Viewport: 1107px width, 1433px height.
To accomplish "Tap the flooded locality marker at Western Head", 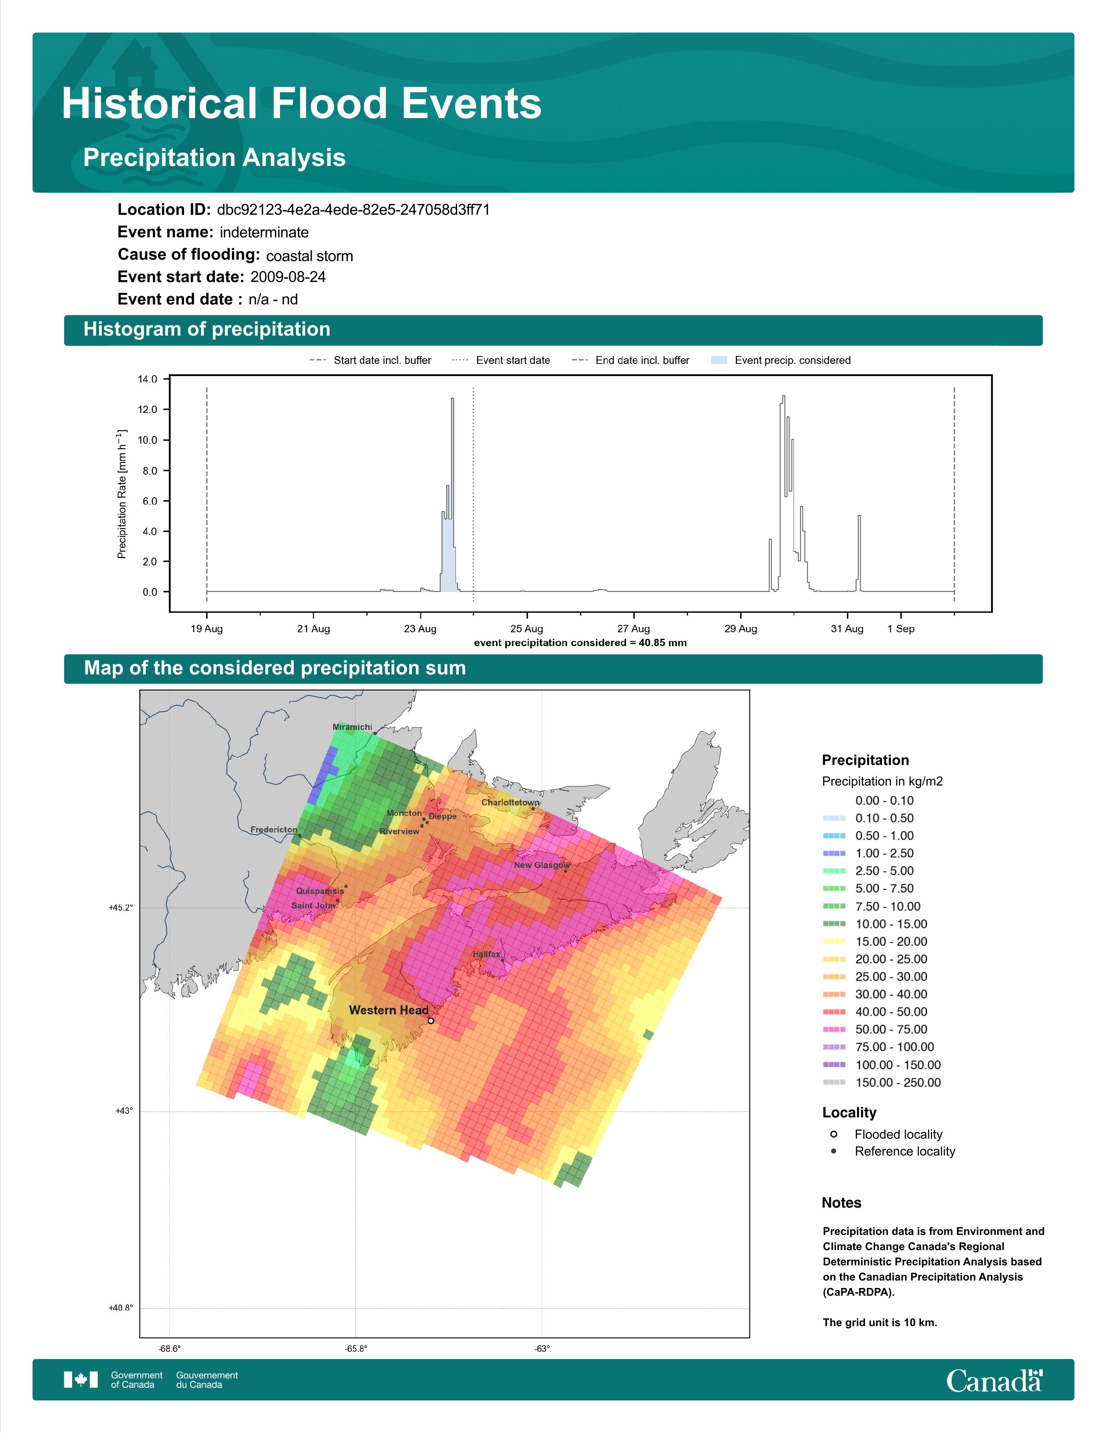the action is [431, 1020].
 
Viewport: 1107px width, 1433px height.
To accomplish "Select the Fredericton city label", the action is [273, 830].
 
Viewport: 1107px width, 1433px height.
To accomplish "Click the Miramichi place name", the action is [352, 727].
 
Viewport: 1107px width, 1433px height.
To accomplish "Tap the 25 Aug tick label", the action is [527, 629].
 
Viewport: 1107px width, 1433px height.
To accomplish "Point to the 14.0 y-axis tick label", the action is [148, 379].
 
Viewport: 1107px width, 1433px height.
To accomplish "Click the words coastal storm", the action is [310, 256].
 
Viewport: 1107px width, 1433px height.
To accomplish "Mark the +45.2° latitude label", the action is [121, 908].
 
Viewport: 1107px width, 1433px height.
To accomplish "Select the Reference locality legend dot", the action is [834, 1151].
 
